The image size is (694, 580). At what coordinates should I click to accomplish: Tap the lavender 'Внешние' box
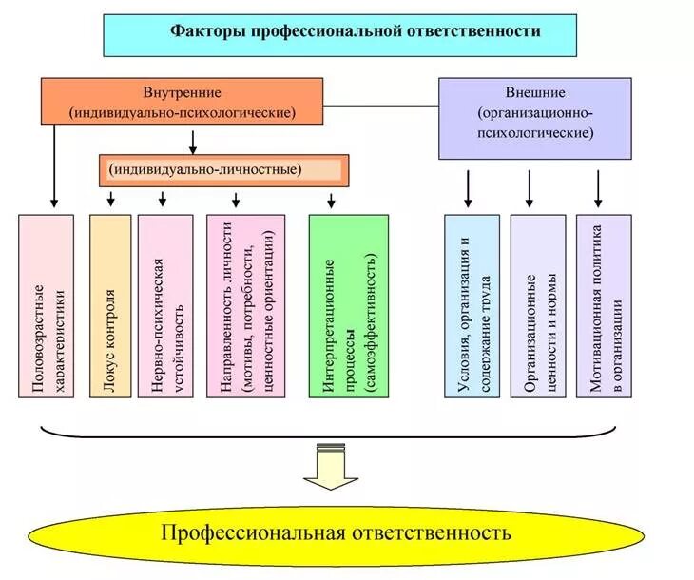pos(535,117)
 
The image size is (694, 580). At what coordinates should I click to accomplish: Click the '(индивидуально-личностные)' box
pos(223,169)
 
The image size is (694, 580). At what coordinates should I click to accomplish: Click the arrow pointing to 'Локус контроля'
pos(111,198)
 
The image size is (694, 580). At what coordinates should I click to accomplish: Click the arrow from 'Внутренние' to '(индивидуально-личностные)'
pos(194,141)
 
